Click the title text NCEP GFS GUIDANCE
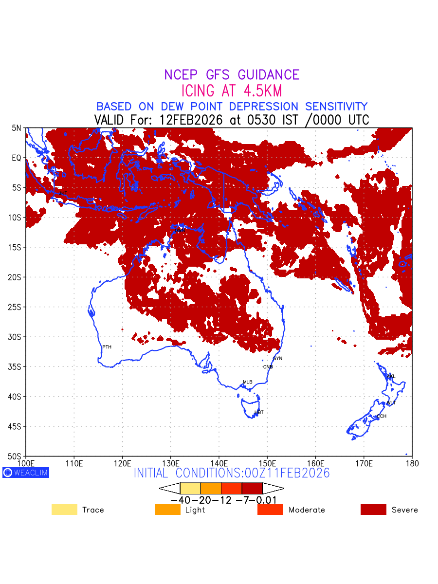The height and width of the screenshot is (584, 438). tap(232, 75)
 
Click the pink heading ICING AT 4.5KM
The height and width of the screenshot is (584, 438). tap(232, 91)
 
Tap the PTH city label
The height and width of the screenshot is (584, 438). tap(107, 347)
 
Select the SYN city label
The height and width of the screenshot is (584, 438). tap(277, 359)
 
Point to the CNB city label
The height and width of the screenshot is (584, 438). tap(268, 367)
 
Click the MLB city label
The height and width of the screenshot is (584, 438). tap(248, 382)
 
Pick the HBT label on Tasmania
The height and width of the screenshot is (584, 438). tap(259, 413)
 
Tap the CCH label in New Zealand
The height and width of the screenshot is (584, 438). tap(382, 417)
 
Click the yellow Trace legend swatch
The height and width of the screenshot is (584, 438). tap(64, 510)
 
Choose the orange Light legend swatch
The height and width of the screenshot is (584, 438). tap(167, 510)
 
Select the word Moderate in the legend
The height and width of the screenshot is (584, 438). tap(307, 510)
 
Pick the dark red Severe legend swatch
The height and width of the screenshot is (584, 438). tap(373, 510)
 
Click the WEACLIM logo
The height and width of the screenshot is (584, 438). tap(26, 473)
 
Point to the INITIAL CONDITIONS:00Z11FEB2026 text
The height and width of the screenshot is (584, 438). tap(232, 473)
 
